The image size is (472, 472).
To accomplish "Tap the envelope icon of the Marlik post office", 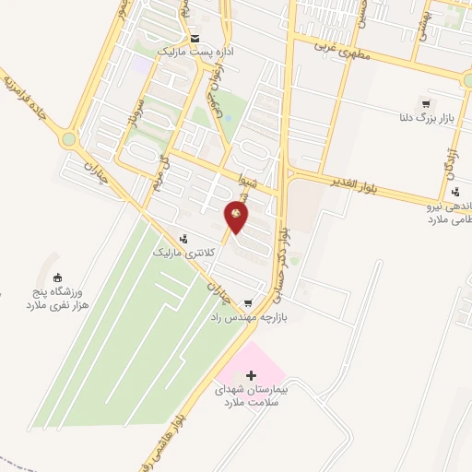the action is (195, 39).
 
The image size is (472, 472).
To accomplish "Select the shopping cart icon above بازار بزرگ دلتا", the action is (425, 103).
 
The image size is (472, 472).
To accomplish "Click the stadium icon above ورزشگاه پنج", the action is (58, 278).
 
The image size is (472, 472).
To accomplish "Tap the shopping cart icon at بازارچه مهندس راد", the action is (248, 302).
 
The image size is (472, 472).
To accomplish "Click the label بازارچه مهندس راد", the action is (245, 316).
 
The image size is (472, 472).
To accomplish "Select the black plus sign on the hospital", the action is (253, 375).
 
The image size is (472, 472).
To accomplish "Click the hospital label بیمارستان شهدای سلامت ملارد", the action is (253, 396).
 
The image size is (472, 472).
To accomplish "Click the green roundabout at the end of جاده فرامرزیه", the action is (69, 140).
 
